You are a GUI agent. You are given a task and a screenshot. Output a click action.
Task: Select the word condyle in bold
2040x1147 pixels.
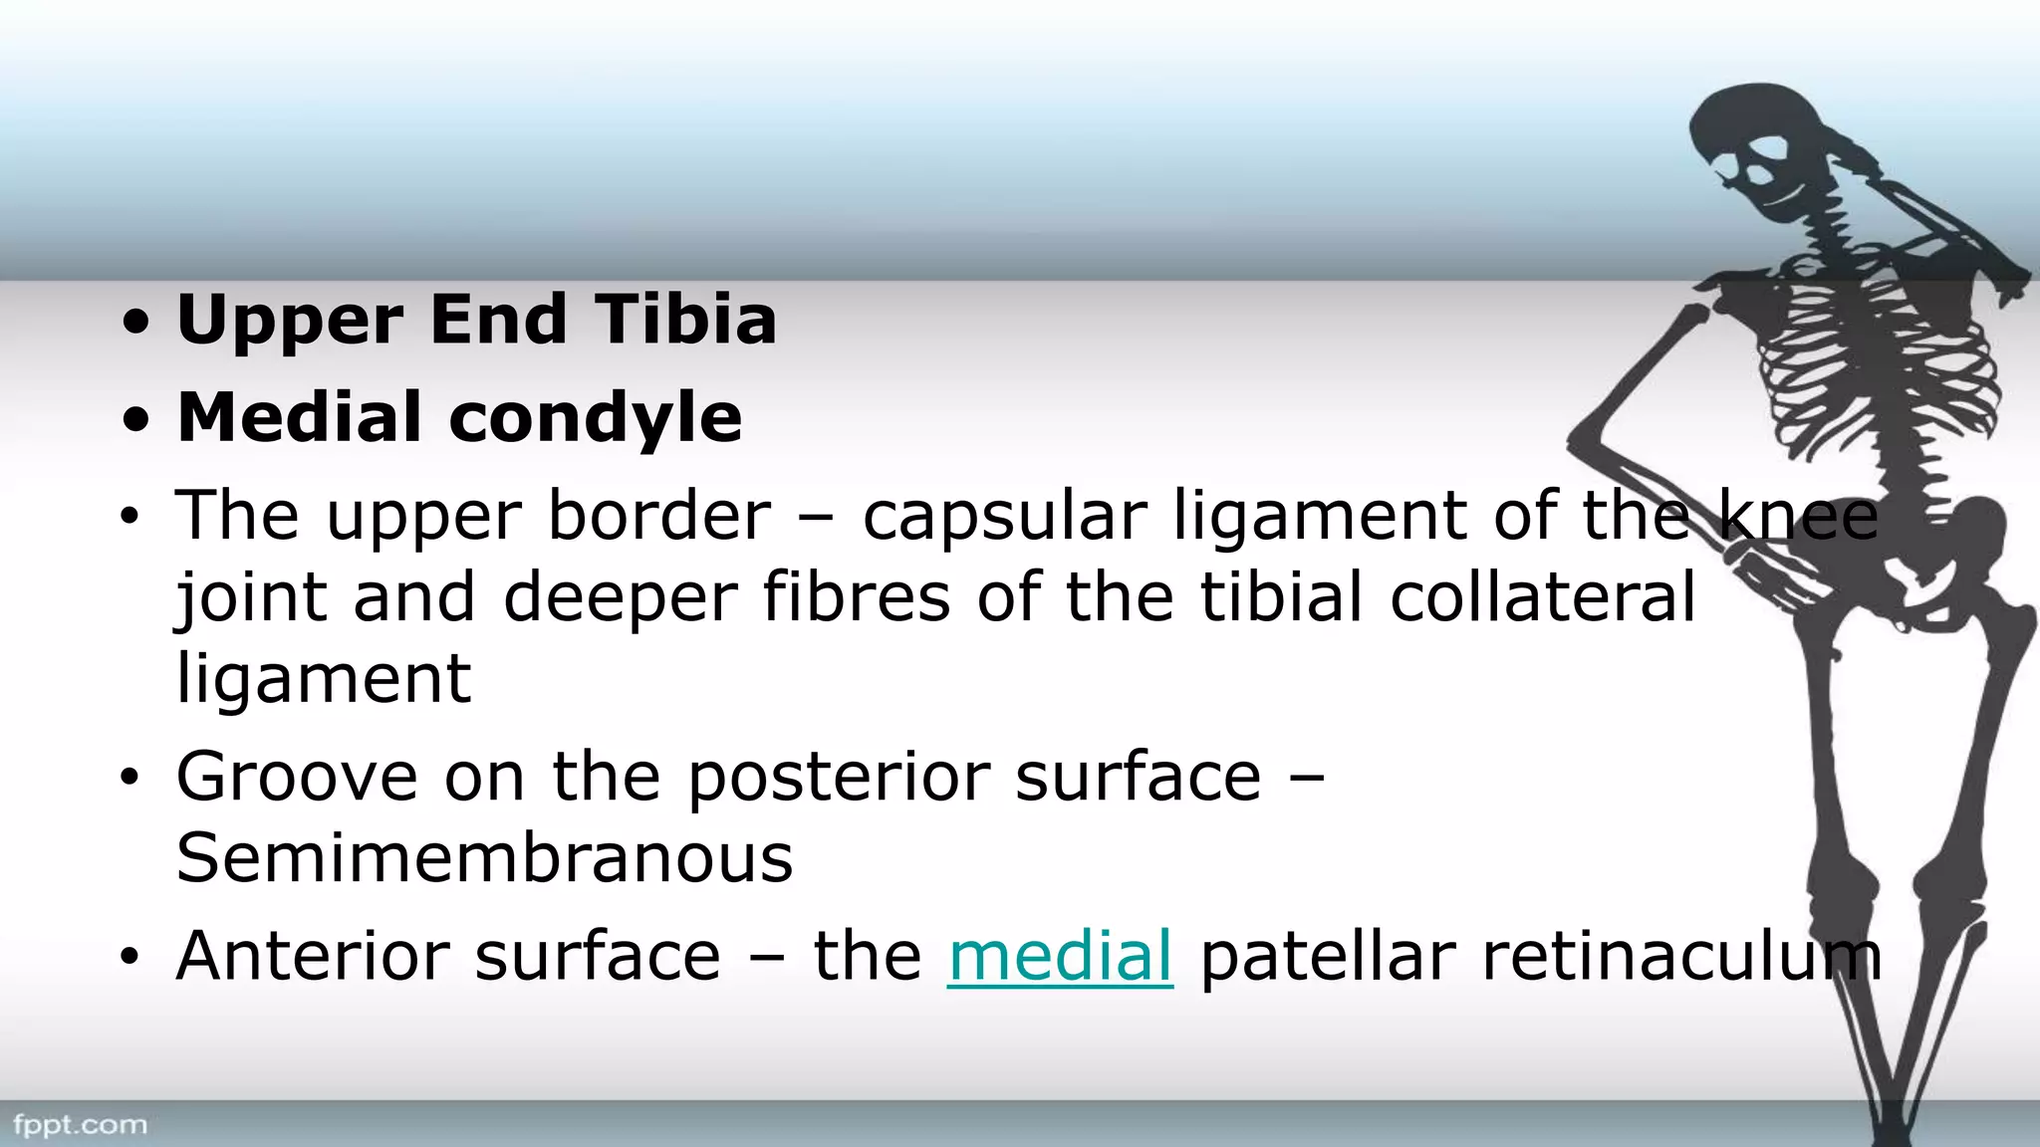click(596, 418)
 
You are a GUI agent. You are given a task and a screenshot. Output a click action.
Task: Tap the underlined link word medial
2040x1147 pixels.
click(1060, 957)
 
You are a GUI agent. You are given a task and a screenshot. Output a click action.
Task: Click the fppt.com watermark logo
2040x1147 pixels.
click(80, 1125)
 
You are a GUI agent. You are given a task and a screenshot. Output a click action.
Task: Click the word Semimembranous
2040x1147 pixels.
click(484, 858)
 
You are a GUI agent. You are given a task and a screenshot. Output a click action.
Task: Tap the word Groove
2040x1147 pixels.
click(297, 777)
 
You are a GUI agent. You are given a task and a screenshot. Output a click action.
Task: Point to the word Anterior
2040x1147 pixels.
click(311, 957)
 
